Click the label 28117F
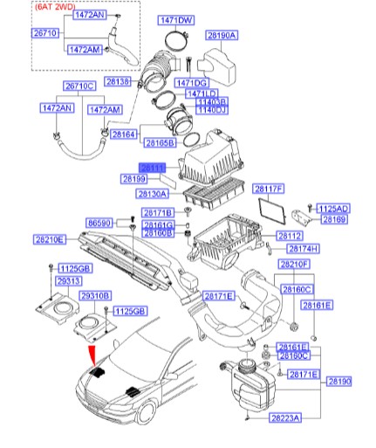pyautogui.click(x=269, y=189)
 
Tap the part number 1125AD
pyautogui.click(x=333, y=209)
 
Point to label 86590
pyautogui.click(x=99, y=224)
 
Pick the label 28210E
pyautogui.click(x=50, y=238)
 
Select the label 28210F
pyautogui.click(x=294, y=264)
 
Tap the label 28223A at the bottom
pyautogui.click(x=284, y=418)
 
